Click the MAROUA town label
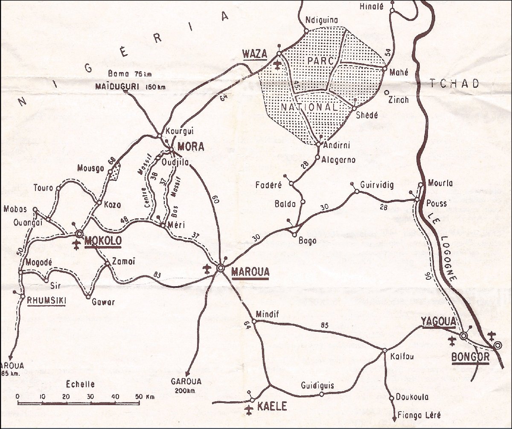pyautogui.click(x=250, y=271)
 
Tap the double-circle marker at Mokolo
pyautogui.click(x=79, y=234)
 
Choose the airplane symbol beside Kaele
pyautogui.click(x=250, y=410)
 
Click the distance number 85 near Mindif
pyautogui.click(x=325, y=326)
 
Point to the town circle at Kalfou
pyautogui.click(x=384, y=350)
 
